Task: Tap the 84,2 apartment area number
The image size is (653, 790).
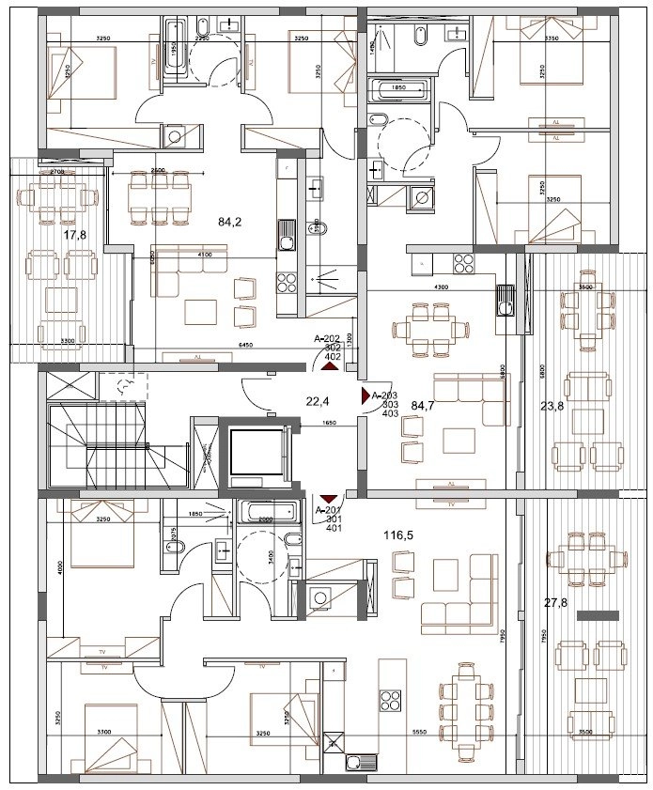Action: tap(229, 223)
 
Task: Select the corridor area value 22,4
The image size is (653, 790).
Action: tap(319, 402)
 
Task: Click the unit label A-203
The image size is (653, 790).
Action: tap(385, 395)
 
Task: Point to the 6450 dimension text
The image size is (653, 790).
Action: tap(246, 347)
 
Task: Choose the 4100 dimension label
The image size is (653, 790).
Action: tap(206, 255)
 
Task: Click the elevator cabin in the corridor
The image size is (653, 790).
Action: tap(257, 455)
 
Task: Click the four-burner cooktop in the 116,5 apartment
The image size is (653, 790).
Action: tap(391, 701)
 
